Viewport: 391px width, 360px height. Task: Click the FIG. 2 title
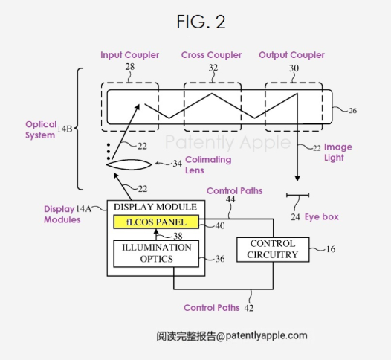pyautogui.click(x=201, y=22)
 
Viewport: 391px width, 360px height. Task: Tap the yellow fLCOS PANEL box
pyautogui.click(x=156, y=222)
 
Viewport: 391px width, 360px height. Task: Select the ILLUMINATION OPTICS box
pyautogui.click(x=156, y=254)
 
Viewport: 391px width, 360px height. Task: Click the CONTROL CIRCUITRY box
pyautogui.click(x=273, y=249)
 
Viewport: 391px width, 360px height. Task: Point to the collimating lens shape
pyautogui.click(x=129, y=164)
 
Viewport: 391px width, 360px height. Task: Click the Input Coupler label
pyautogui.click(x=129, y=55)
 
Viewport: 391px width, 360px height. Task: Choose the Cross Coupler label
pyautogui.click(x=211, y=55)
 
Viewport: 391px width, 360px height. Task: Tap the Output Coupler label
pyautogui.click(x=291, y=55)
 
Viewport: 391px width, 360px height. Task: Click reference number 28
pyautogui.click(x=130, y=67)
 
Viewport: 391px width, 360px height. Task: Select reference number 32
pyautogui.click(x=213, y=68)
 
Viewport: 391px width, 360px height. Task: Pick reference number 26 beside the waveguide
pyautogui.click(x=352, y=111)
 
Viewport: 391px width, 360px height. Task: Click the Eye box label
pyautogui.click(x=321, y=217)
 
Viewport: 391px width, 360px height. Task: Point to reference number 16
pyautogui.click(x=331, y=249)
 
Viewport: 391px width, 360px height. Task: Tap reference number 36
pyautogui.click(x=220, y=259)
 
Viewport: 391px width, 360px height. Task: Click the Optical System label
pyautogui.click(x=41, y=129)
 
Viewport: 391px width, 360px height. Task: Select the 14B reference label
pyautogui.click(x=65, y=129)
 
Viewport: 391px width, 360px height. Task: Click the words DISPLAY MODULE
pyautogui.click(x=155, y=207)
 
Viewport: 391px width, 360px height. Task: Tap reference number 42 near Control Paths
pyautogui.click(x=249, y=308)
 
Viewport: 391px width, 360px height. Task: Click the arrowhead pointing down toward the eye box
pyautogui.click(x=297, y=178)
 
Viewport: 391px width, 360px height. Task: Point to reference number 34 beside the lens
pyautogui.click(x=178, y=164)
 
